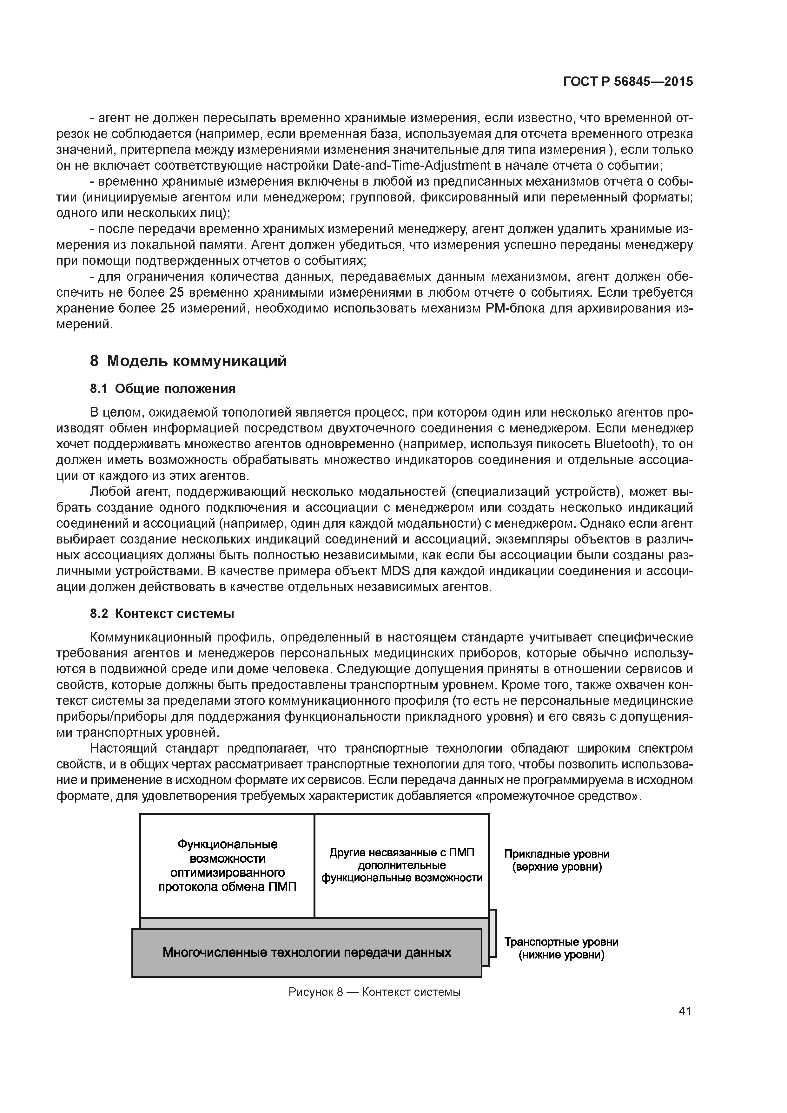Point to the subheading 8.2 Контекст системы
tap(162, 614)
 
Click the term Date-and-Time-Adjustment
tap(412, 165)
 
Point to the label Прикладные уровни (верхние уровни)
tap(557, 860)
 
